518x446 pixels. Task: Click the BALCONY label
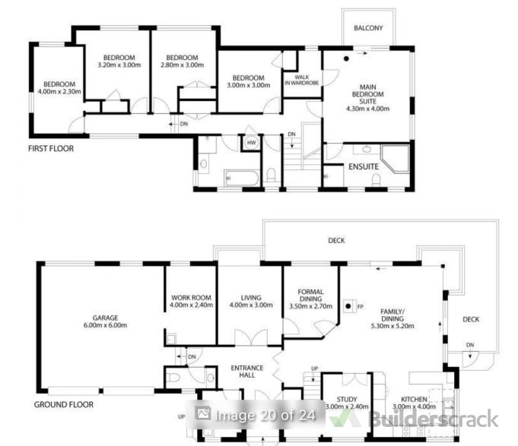coord(368,28)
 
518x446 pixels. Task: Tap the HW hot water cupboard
coord(251,143)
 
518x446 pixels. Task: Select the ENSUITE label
coord(364,166)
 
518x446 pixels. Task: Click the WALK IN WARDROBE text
coord(302,81)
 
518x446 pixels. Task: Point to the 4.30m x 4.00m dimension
coord(367,109)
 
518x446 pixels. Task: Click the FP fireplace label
coord(360,306)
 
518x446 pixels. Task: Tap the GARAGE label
coord(105,318)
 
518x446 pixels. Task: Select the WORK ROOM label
coord(191,298)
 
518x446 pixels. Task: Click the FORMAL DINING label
coord(310,296)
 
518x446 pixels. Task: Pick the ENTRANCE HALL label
coord(247,372)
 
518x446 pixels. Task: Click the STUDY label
coord(347,400)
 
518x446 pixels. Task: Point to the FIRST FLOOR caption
coord(51,148)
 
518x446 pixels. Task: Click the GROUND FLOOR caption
coord(64,404)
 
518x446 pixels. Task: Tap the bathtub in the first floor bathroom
coord(242,178)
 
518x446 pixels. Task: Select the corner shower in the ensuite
coord(395,158)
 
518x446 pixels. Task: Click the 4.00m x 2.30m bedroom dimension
coord(59,92)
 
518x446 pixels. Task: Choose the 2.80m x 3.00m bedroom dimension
coord(182,65)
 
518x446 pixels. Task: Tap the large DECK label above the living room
coord(336,241)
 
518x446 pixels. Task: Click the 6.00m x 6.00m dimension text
coord(105,325)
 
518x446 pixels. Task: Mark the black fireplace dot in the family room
coord(348,306)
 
